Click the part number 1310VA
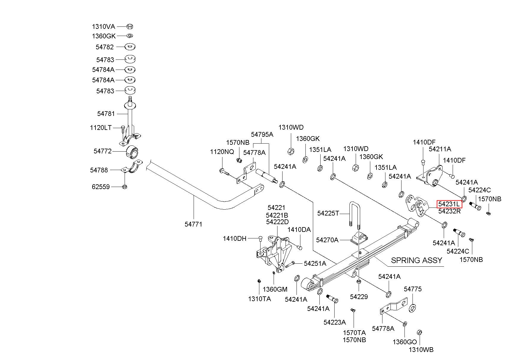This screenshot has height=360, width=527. [103, 26]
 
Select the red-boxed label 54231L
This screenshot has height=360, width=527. [449, 204]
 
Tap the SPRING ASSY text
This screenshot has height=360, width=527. [416, 260]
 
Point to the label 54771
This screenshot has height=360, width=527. [193, 224]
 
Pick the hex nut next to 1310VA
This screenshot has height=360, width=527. [130, 26]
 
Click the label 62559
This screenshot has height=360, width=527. [101, 187]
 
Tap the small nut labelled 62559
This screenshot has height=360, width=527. [125, 187]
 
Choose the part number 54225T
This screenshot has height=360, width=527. [328, 213]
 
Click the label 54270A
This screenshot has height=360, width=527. [327, 240]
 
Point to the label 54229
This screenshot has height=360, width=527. [359, 296]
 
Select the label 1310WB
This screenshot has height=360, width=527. [421, 350]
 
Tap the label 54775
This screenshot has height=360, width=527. [413, 289]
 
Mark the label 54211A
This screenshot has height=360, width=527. [440, 149]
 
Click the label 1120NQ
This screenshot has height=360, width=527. [222, 152]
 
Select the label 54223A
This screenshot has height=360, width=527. [335, 322]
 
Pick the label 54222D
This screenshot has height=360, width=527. [277, 222]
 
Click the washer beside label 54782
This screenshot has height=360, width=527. [130, 47]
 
